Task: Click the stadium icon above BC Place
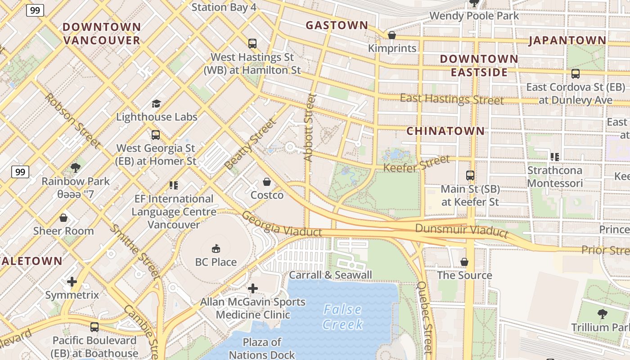click(x=216, y=248)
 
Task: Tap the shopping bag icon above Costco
click(x=267, y=182)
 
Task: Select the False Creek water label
click(x=343, y=317)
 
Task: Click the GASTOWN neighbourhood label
click(x=337, y=26)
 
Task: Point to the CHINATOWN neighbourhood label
click(x=445, y=131)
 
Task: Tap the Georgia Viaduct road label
click(x=282, y=224)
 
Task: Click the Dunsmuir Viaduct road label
click(x=461, y=230)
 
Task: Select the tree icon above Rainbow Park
click(x=76, y=168)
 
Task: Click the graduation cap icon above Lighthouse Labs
click(x=156, y=103)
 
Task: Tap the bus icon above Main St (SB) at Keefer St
click(x=470, y=175)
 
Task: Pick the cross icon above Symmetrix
click(x=72, y=282)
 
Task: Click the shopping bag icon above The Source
click(x=464, y=262)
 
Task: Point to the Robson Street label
click(x=72, y=121)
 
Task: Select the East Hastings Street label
click(x=452, y=99)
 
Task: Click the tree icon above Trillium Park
click(x=602, y=314)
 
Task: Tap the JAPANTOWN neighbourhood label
click(x=567, y=40)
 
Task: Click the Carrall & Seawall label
click(x=330, y=275)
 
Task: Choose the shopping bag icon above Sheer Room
click(x=63, y=218)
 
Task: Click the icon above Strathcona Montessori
click(x=555, y=157)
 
